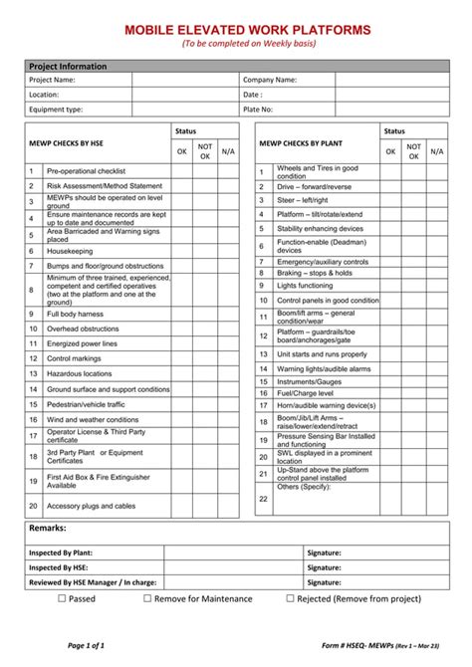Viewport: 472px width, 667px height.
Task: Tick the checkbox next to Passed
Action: [x=61, y=599]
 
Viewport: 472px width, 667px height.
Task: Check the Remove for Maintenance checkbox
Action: [x=147, y=599]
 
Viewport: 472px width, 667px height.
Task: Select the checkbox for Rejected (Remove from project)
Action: [x=291, y=599]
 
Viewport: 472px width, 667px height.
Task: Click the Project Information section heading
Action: [x=68, y=66]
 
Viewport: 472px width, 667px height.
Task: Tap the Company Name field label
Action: [x=270, y=80]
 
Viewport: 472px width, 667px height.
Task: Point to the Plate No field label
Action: [x=258, y=110]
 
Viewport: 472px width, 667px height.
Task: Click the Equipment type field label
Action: [x=56, y=110]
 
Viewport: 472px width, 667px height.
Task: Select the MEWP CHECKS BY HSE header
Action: [x=65, y=142]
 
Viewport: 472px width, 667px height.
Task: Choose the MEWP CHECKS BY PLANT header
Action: [x=301, y=142]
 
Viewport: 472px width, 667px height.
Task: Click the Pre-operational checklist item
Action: [x=86, y=171]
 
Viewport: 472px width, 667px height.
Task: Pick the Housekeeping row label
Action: [x=70, y=251]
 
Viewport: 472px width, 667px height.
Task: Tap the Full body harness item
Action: [x=75, y=314]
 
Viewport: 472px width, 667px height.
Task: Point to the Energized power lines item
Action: [x=82, y=343]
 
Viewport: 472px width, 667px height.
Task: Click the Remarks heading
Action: [x=48, y=528]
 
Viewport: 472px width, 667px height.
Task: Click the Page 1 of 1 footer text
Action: [x=87, y=645]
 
